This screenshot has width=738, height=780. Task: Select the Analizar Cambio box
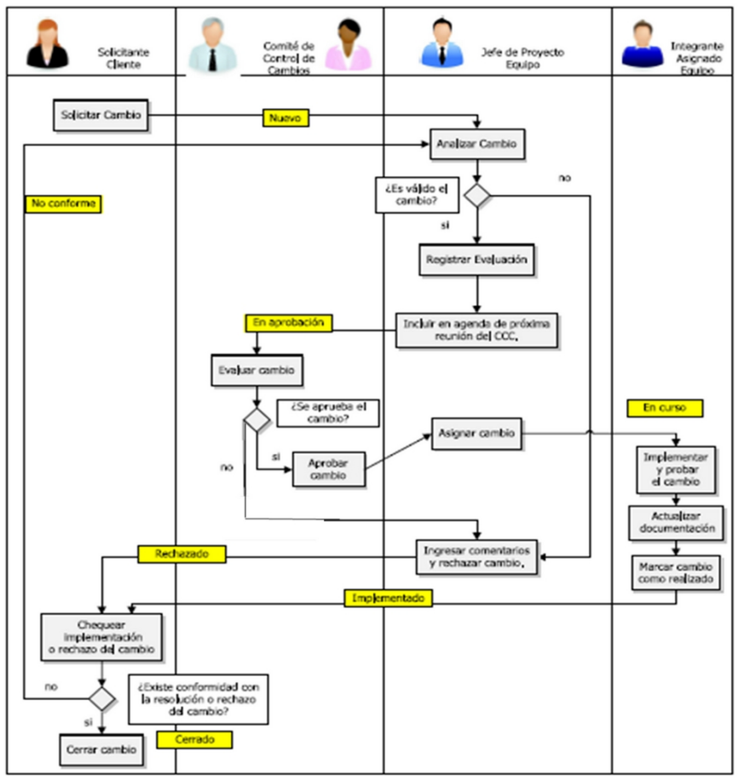(476, 144)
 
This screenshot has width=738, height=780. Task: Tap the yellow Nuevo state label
(285, 118)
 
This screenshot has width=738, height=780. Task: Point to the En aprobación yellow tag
(288, 323)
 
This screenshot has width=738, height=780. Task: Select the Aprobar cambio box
(328, 469)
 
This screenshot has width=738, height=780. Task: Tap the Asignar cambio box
(477, 433)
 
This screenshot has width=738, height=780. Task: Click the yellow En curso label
(665, 408)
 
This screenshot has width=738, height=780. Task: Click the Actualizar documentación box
(677, 522)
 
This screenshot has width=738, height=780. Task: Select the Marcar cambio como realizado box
(677, 573)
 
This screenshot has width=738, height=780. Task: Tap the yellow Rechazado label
(182, 554)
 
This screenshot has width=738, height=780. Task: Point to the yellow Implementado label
(389, 599)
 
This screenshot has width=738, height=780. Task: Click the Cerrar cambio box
(101, 749)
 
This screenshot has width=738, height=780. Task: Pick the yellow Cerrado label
(195, 739)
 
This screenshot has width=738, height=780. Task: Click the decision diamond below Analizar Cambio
(477, 195)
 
